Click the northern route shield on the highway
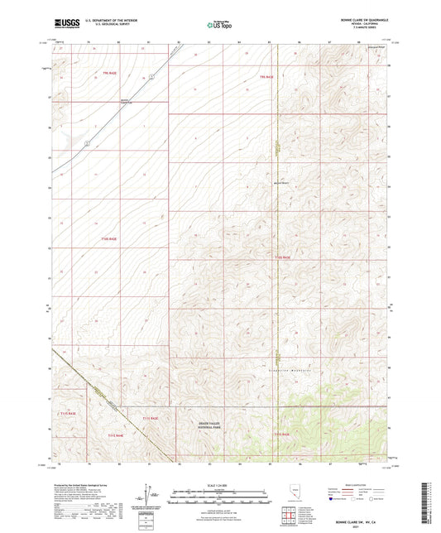(153, 75)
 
